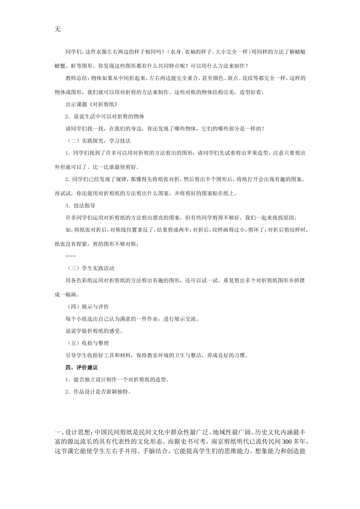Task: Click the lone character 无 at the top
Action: (58, 29)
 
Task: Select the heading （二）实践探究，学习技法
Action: (98, 141)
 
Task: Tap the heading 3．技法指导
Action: (80, 206)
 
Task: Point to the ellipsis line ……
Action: (70, 256)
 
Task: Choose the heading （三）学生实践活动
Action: (90, 269)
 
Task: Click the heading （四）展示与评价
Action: (87, 307)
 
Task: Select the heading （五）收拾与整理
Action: (87, 343)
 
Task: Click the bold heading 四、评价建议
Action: (81, 367)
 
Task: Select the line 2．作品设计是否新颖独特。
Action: (98, 392)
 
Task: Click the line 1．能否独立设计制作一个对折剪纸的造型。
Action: (117, 379)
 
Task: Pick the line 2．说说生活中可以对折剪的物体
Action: (105, 116)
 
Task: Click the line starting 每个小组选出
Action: (132, 319)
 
